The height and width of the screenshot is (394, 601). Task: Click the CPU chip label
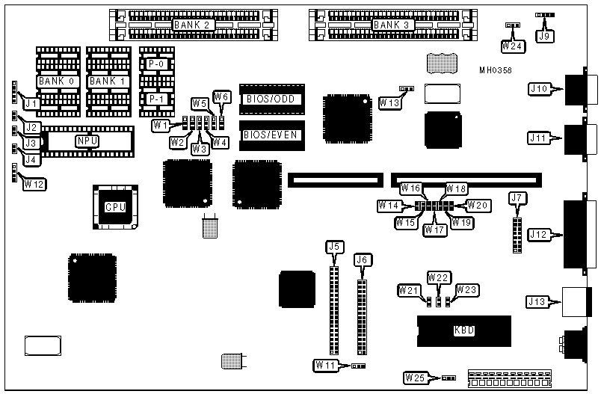[114, 207]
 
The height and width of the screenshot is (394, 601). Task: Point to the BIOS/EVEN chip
[271, 135]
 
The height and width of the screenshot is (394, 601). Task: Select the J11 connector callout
[538, 138]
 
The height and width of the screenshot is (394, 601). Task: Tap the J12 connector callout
[538, 235]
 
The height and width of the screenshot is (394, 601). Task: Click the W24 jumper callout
[513, 46]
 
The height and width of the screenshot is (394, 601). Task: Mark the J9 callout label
[545, 34]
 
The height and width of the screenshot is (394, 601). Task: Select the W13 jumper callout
[389, 102]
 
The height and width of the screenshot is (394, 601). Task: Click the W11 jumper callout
[325, 366]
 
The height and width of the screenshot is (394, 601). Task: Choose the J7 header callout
[517, 198]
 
